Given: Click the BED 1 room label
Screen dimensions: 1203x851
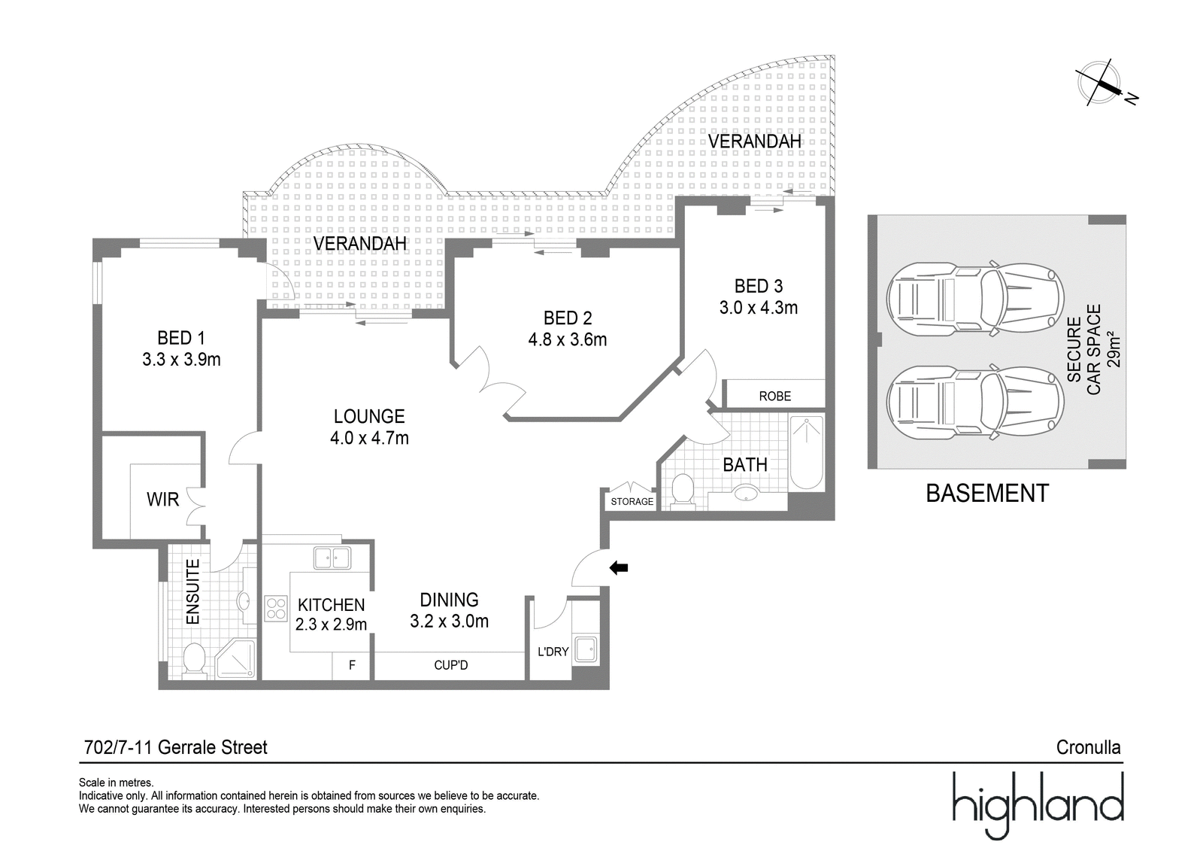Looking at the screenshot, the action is (x=181, y=338).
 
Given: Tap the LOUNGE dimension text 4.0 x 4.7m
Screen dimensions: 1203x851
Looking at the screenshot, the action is (x=369, y=438).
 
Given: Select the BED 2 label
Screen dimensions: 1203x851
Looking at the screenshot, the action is (x=568, y=318).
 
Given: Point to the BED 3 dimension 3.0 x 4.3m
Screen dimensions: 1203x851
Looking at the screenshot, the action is (x=759, y=308).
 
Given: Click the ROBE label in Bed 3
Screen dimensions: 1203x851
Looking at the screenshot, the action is (x=775, y=397).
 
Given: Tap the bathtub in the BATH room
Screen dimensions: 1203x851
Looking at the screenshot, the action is (x=806, y=452).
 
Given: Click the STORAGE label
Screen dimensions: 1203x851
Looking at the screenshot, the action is (x=632, y=502).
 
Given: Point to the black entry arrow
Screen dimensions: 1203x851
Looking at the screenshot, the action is (x=620, y=567).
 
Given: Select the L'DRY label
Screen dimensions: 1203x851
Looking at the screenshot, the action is (x=553, y=652).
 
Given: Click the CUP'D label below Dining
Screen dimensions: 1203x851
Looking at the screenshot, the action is (x=450, y=666).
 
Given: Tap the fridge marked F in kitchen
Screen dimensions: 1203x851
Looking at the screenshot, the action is (x=352, y=666).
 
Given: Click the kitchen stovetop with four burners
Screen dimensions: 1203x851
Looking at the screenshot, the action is (x=276, y=609).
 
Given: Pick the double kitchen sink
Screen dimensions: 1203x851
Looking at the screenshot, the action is (x=332, y=558).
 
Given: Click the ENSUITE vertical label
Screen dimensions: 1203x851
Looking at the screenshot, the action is (x=192, y=591).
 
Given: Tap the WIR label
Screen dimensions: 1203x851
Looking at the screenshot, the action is (x=162, y=500).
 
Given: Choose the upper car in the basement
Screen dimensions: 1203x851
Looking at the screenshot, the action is (x=974, y=299).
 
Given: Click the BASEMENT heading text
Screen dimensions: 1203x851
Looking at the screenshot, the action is (x=987, y=494).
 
